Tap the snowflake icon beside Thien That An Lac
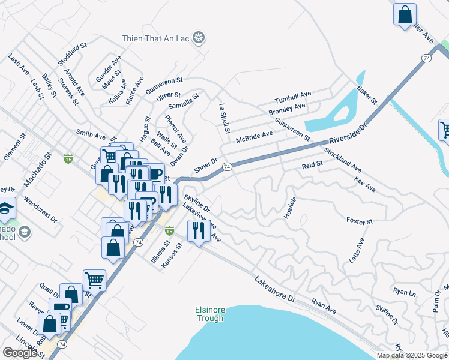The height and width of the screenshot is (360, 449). (x=200, y=39)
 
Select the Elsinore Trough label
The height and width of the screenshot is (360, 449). (x=210, y=314)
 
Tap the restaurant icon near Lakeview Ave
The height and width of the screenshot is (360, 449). (x=198, y=230)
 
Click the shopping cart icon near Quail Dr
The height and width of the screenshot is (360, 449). (x=94, y=280)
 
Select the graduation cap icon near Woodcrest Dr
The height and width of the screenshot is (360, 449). (x=5, y=208)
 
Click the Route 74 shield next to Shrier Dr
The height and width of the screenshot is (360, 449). (x=227, y=167)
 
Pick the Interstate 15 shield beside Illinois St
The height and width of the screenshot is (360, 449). (x=169, y=230)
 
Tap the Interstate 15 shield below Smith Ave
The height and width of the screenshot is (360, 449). (x=68, y=159)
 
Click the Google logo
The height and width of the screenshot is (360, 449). (x=20, y=353)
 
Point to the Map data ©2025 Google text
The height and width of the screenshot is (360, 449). (x=412, y=355)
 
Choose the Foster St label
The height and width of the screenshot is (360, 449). (x=360, y=221)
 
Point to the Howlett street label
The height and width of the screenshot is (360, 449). (x=290, y=208)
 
